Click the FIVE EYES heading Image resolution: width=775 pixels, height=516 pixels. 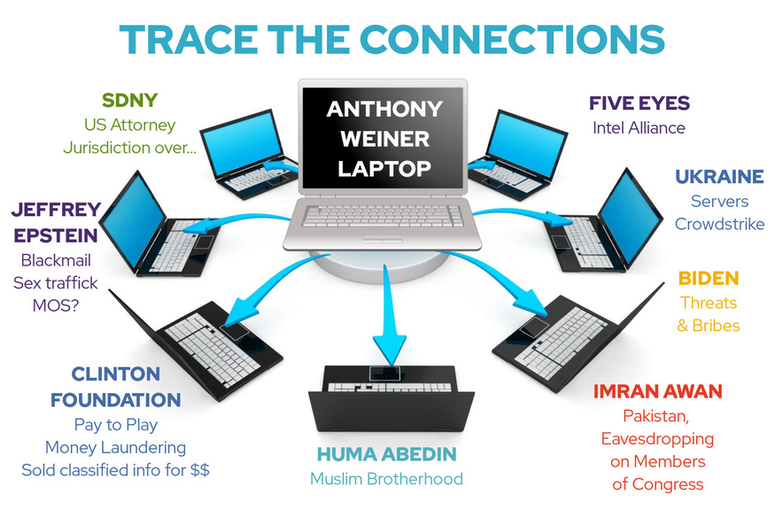tap(639, 104)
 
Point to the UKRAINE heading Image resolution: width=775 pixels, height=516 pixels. tap(719, 177)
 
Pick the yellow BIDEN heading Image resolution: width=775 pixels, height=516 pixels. tap(708, 279)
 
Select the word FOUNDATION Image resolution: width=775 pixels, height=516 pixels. tap(128, 400)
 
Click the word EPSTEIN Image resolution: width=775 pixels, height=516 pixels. tap(57, 237)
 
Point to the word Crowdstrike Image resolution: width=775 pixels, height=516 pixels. tap(719, 224)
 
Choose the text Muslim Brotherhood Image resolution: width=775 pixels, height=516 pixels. tap(386, 479)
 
